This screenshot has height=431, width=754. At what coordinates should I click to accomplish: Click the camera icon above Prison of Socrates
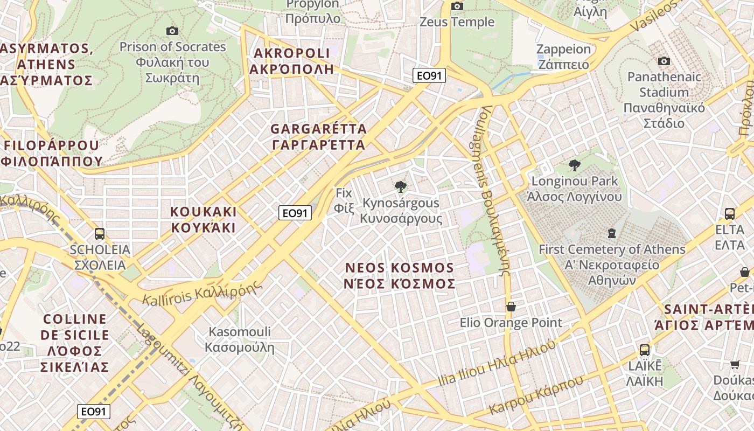click(172, 31)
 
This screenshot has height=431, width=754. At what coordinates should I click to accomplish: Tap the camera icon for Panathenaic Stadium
click(664, 61)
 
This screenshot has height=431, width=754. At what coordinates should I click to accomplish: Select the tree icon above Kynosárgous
click(400, 187)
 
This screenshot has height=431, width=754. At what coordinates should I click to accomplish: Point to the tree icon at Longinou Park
click(574, 165)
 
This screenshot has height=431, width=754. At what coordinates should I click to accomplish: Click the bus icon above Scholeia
click(100, 233)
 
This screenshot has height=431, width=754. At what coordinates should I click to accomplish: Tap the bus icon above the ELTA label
click(730, 213)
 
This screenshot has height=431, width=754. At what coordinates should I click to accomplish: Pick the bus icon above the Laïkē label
click(645, 350)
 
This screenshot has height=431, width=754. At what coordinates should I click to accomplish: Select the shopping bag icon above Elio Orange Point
click(511, 307)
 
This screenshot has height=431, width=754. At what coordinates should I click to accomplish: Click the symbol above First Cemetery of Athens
click(611, 233)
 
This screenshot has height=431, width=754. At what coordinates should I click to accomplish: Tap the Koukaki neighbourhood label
click(204, 219)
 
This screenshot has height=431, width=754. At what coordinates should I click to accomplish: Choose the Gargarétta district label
click(319, 137)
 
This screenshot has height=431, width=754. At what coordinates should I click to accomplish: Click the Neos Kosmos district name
click(400, 275)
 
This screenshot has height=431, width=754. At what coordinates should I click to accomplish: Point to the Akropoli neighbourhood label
click(291, 61)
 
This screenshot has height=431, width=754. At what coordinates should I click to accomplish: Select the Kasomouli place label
click(240, 339)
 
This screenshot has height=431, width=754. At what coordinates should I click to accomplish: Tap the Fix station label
click(343, 200)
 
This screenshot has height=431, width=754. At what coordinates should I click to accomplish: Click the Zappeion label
click(563, 57)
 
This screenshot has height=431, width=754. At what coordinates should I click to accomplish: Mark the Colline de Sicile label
click(75, 343)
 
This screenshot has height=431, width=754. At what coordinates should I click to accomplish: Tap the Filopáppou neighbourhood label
click(52, 152)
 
